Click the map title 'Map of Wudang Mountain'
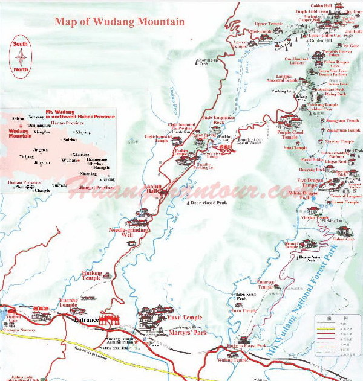(x=119, y=22)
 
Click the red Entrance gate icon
(x=110, y=321)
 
